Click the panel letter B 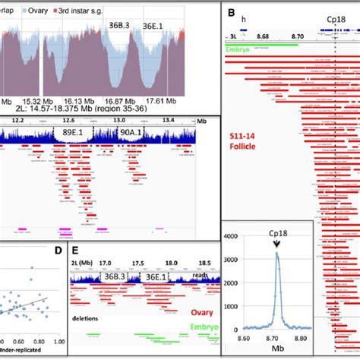pyautogui.click(x=231, y=14)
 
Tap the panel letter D pyautogui.click(x=55, y=250)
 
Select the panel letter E pyautogui.click(x=74, y=250)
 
